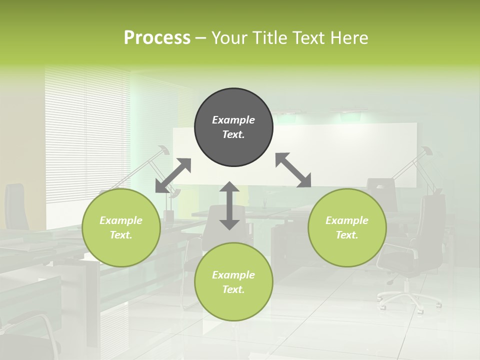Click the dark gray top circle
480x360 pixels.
(233, 127)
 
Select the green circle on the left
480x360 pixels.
(121, 227)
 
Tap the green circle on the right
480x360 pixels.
(347, 227)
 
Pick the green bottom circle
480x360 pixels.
(233, 282)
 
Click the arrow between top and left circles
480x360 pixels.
(173, 175)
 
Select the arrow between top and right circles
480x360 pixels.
(293, 170)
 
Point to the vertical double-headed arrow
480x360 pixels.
(229, 205)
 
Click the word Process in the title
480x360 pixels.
(157, 38)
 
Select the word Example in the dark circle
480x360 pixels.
(233, 120)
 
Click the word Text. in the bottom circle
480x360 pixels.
(233, 289)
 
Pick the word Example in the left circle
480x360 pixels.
(121, 220)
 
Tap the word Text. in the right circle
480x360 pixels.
(347, 235)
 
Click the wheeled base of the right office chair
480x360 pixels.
(409, 299)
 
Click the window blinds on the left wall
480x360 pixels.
(85, 135)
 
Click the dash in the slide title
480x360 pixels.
(201, 38)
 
